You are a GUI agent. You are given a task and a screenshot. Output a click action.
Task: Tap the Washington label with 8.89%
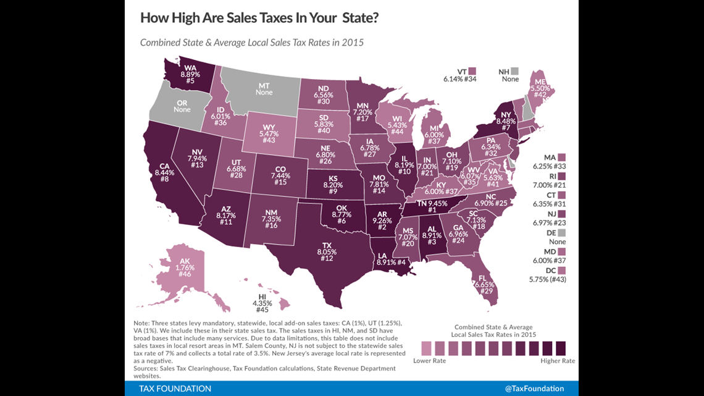click(x=190, y=74)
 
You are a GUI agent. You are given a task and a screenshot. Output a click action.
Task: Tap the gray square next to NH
click(x=514, y=72)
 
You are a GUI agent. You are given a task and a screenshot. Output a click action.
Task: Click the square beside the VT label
click(x=472, y=72)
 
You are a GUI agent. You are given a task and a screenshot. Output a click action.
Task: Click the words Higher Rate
click(x=558, y=361)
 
